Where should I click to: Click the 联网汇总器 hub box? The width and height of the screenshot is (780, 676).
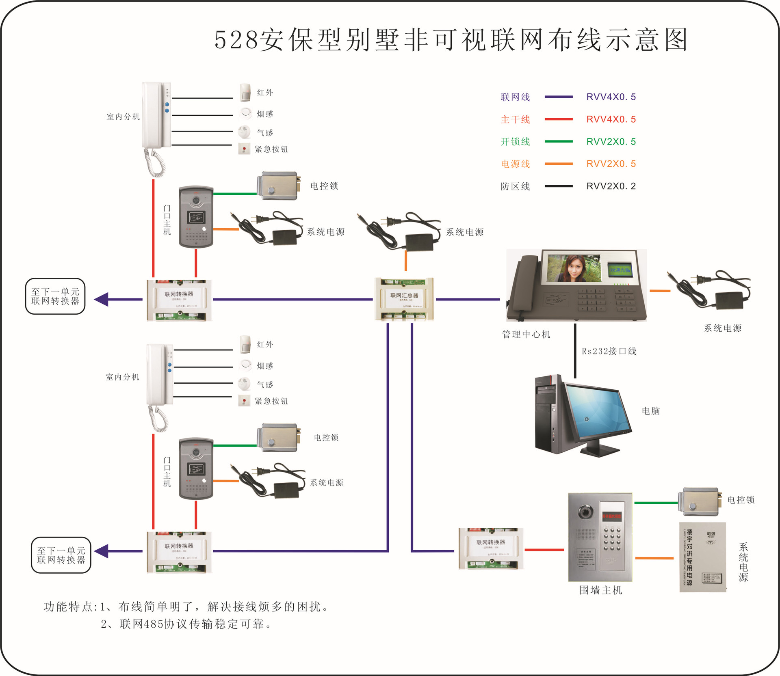coord(404,299)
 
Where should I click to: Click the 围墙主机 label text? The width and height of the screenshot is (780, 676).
coord(600,590)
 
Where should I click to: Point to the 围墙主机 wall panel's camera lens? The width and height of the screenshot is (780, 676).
coord(585,512)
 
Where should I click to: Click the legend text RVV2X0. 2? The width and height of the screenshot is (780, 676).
coord(611,186)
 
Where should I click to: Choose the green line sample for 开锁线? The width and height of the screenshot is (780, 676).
coord(558,142)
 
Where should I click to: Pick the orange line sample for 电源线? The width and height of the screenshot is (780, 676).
coord(558,164)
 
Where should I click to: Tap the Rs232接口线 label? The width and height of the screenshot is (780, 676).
coord(609,351)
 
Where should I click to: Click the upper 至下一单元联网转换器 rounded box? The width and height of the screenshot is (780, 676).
coord(55,296)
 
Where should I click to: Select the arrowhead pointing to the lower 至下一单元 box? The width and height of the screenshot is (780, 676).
coord(102,551)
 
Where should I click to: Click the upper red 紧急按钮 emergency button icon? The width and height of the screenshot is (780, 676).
coord(244,149)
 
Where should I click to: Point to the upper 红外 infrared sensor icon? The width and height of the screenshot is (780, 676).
coord(245,93)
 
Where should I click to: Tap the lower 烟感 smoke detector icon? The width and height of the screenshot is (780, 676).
coord(245,365)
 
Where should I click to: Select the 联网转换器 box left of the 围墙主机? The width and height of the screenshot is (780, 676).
coord(490,548)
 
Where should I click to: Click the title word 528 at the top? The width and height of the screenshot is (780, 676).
coord(236,40)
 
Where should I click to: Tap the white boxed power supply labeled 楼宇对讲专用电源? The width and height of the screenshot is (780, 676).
coord(702,557)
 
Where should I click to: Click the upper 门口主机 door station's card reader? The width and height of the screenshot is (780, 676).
coord(196,218)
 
